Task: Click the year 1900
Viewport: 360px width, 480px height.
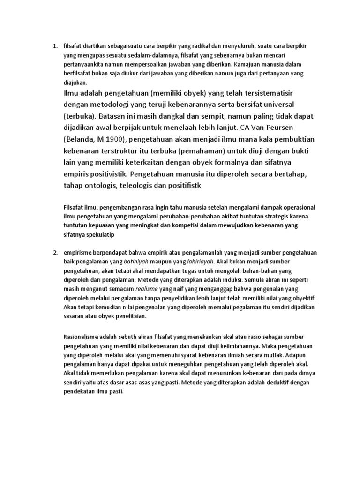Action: tap(115, 139)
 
